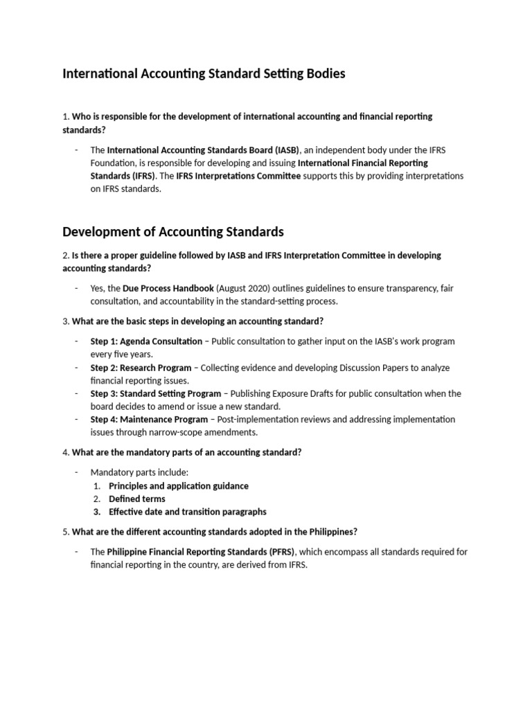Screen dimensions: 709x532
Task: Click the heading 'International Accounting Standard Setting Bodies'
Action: [204, 73]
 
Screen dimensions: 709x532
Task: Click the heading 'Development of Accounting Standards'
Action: [173, 231]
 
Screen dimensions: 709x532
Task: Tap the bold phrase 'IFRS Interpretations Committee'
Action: [238, 176]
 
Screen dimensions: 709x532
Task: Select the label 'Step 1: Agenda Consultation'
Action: [146, 341]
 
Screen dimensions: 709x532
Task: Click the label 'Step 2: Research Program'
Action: [139, 368]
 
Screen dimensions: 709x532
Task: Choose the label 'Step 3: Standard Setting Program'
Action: [156, 393]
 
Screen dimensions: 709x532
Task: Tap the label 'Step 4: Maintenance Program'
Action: [149, 419]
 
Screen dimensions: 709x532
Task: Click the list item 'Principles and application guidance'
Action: [179, 486]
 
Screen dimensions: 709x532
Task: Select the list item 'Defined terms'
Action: [137, 499]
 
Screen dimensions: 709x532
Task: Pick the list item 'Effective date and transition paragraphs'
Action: [187, 512]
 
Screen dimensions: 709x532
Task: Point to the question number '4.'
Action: [66, 453]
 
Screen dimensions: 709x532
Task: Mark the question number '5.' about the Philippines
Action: [66, 532]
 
